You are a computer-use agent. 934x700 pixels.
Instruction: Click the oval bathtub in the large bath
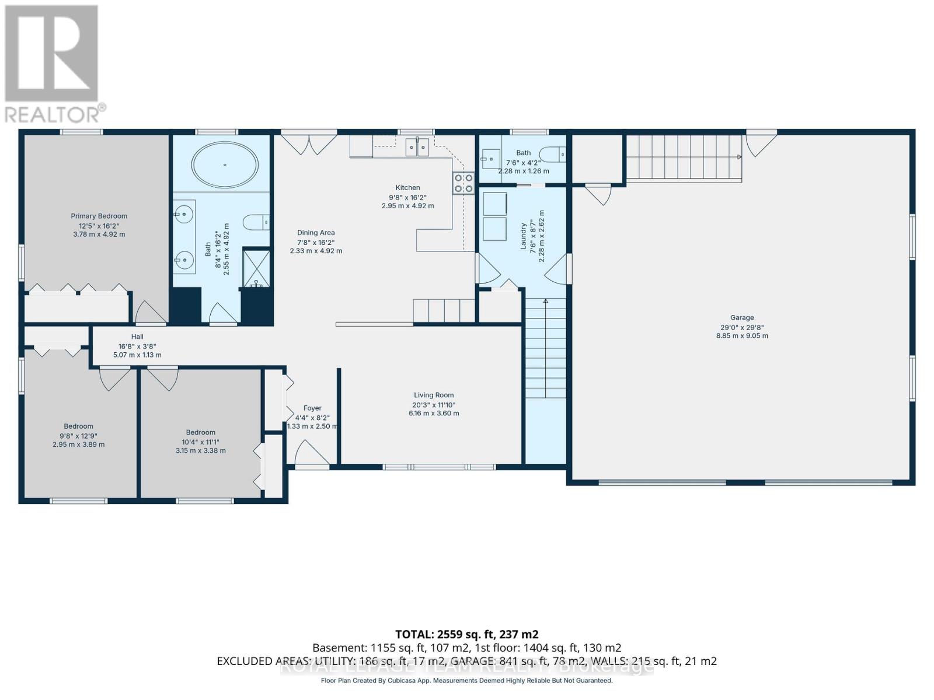tap(225, 165)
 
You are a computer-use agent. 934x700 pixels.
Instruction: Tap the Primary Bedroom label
tap(99, 216)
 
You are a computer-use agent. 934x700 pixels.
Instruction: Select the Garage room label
tap(742, 318)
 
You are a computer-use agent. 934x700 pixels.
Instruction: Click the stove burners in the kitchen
tap(464, 183)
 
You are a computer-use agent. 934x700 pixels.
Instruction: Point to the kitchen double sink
tap(417, 147)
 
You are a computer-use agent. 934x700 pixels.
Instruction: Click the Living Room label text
tap(434, 395)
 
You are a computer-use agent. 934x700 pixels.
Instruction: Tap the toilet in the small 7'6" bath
tap(553, 155)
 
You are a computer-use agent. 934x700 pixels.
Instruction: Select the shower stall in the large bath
tap(256, 268)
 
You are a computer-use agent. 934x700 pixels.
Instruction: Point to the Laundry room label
tap(524, 236)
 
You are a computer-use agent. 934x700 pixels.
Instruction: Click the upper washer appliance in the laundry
tap(494, 204)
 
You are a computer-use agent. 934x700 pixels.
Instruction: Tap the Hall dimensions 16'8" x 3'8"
tap(137, 346)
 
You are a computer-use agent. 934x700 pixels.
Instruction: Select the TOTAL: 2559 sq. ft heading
tap(466, 634)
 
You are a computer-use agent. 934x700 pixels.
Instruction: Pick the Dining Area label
tap(316, 233)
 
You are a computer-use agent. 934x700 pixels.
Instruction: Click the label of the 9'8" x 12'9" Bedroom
tap(78, 426)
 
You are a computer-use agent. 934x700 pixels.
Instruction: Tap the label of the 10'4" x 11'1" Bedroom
tap(200, 432)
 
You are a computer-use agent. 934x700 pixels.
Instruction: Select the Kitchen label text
tap(407, 188)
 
